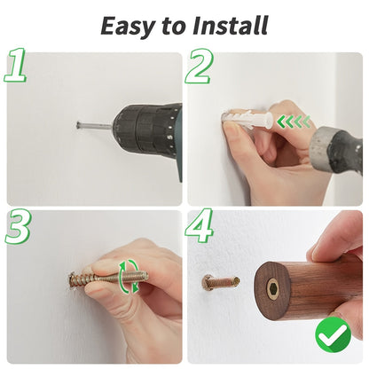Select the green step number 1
(x=17, y=67)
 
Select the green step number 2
(x=201, y=67)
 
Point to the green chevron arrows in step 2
(x=292, y=122)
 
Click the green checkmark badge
(x=333, y=334)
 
